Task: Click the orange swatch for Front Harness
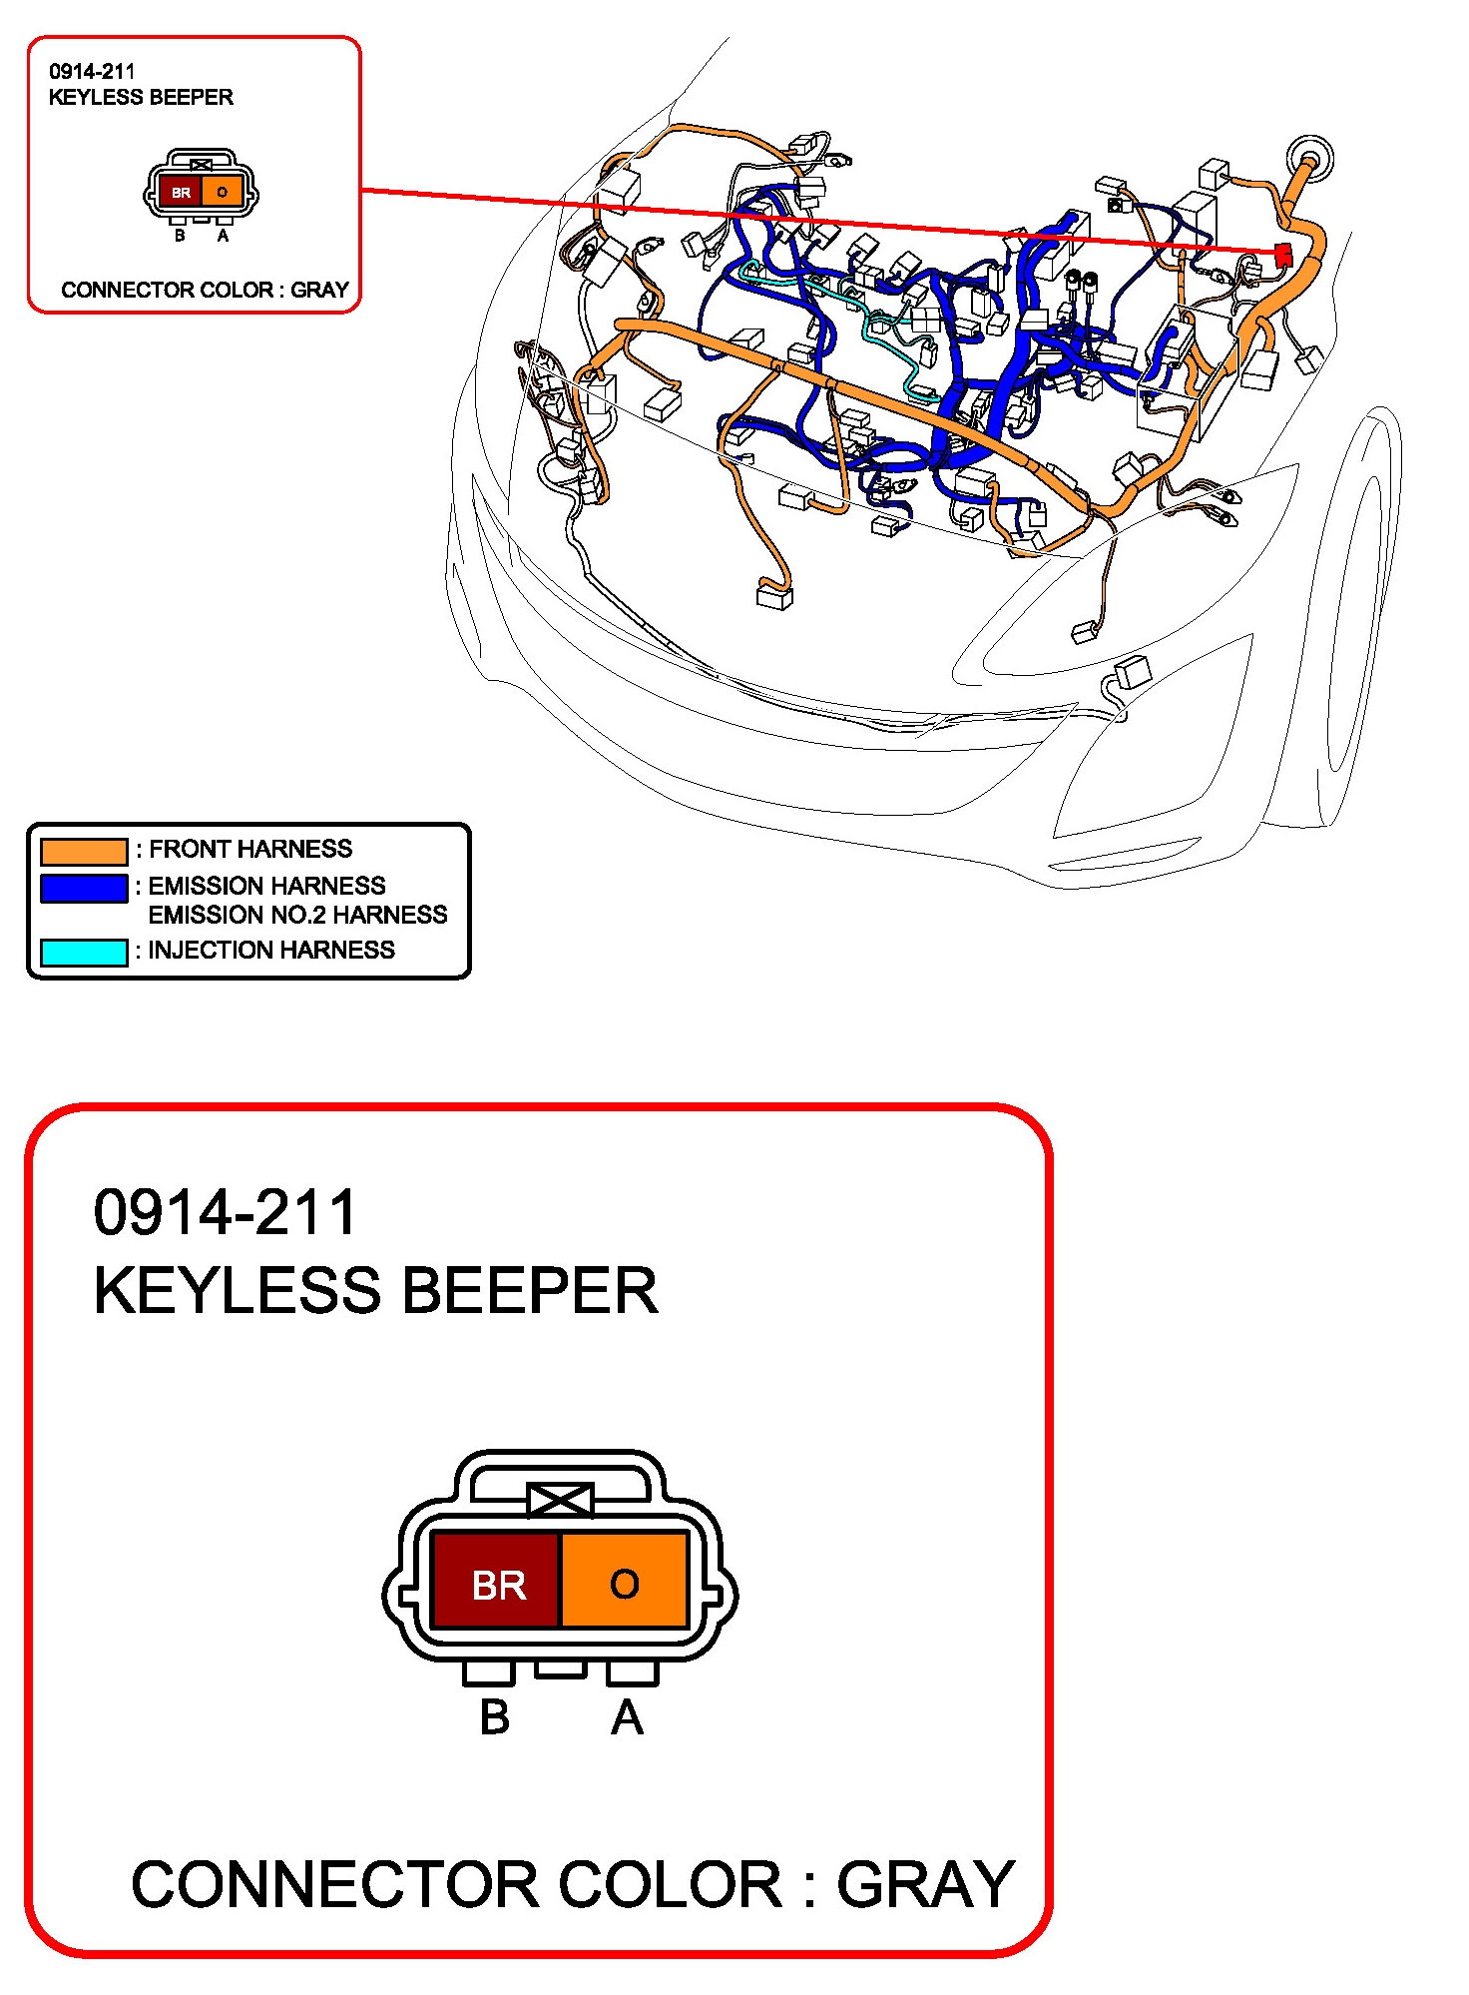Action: click(84, 851)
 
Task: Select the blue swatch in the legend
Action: click(84, 888)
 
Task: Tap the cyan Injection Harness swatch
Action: click(84, 953)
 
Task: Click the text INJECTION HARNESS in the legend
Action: click(271, 950)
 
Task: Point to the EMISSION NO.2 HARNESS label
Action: click(297, 915)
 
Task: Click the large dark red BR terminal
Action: click(496, 1581)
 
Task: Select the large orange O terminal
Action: click(625, 1581)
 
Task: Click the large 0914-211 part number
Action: click(225, 1213)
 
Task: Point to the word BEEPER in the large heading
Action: click(530, 1291)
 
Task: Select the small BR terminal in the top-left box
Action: click(181, 192)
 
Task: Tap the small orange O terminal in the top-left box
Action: click(222, 192)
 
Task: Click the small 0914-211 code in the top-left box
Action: click(92, 72)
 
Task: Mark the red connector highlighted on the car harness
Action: click(1283, 255)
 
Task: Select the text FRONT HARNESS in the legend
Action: click(250, 849)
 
